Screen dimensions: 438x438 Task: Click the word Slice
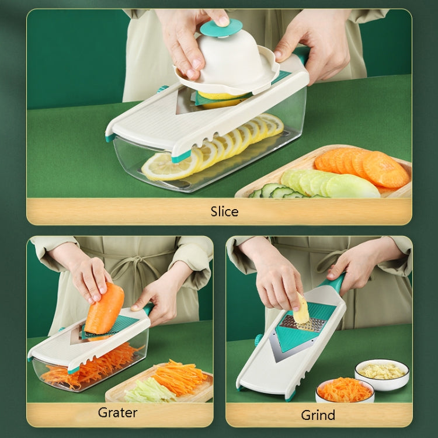coord(225,211)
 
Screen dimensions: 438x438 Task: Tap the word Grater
coord(117,412)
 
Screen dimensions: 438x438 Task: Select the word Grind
coord(318,415)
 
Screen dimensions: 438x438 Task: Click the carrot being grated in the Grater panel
coord(105,310)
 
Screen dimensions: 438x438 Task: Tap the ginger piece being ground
coord(301,309)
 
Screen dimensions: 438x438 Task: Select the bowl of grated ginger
coord(382,374)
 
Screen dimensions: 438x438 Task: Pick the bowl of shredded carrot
coord(345,390)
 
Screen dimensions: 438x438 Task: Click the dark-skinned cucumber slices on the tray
coord(275,192)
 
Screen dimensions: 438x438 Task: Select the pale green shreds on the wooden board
coord(148,391)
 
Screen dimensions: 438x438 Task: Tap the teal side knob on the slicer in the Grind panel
coord(258,339)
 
